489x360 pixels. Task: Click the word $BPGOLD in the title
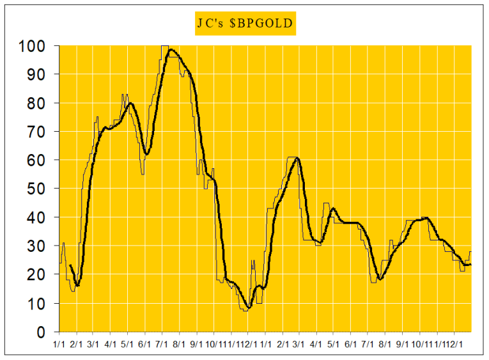coord(262,24)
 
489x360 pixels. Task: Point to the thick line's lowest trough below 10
coord(249,308)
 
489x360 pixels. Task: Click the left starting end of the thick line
coord(70,265)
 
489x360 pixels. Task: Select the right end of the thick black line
coord(470,264)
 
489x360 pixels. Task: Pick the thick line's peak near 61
coord(296,158)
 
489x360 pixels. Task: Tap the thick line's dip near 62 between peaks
coord(146,154)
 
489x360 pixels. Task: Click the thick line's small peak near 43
coord(332,208)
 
